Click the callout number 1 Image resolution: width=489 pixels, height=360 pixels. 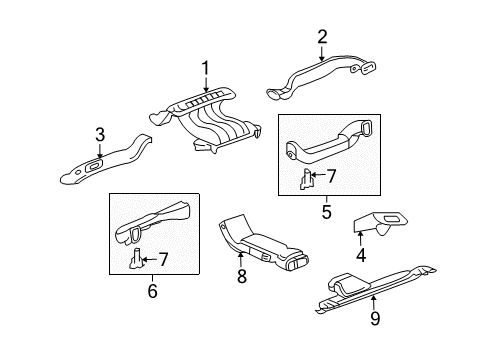click(x=206, y=69)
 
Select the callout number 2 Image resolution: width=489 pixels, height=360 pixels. click(x=322, y=37)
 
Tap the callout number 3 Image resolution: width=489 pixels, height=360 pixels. click(x=100, y=135)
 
